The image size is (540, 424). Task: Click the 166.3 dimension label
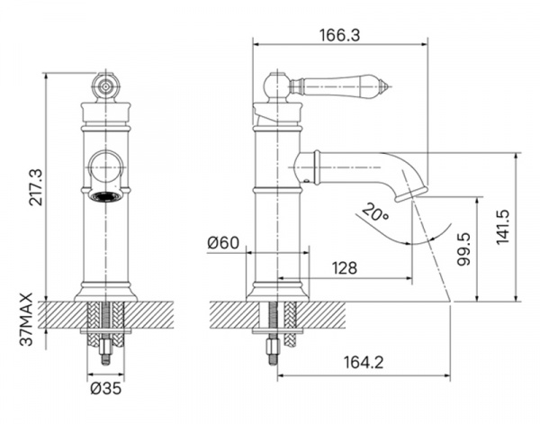[340, 35]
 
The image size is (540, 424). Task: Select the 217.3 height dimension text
[36, 187]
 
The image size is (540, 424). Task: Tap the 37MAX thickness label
[26, 320]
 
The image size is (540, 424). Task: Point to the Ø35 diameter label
[106, 389]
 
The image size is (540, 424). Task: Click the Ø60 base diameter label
[223, 243]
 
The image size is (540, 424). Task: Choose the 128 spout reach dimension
[345, 267]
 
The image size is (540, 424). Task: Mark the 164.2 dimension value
[364, 363]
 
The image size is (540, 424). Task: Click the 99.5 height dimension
[463, 248]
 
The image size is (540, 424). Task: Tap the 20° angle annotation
[375, 212]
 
